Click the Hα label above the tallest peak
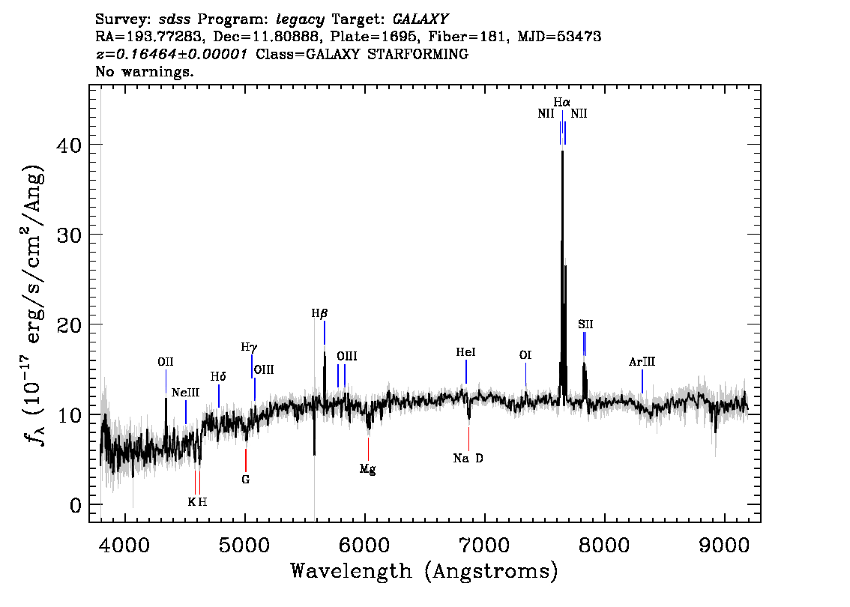click(x=561, y=102)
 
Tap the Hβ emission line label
click(x=319, y=313)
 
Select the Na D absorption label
click(x=468, y=459)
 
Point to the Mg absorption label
click(x=367, y=469)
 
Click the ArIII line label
click(x=642, y=362)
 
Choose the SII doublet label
click(x=585, y=324)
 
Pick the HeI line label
click(x=465, y=352)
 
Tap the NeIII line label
click(x=185, y=393)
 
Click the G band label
click(x=246, y=480)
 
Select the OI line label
click(x=525, y=355)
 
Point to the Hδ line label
click(x=218, y=377)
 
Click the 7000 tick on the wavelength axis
click(x=485, y=546)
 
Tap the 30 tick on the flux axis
click(x=69, y=235)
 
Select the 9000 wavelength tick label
click(x=724, y=546)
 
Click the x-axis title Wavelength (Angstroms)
click(x=424, y=571)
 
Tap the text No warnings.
click(x=144, y=71)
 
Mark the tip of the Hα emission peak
click(x=563, y=151)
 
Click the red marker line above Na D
click(x=469, y=439)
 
